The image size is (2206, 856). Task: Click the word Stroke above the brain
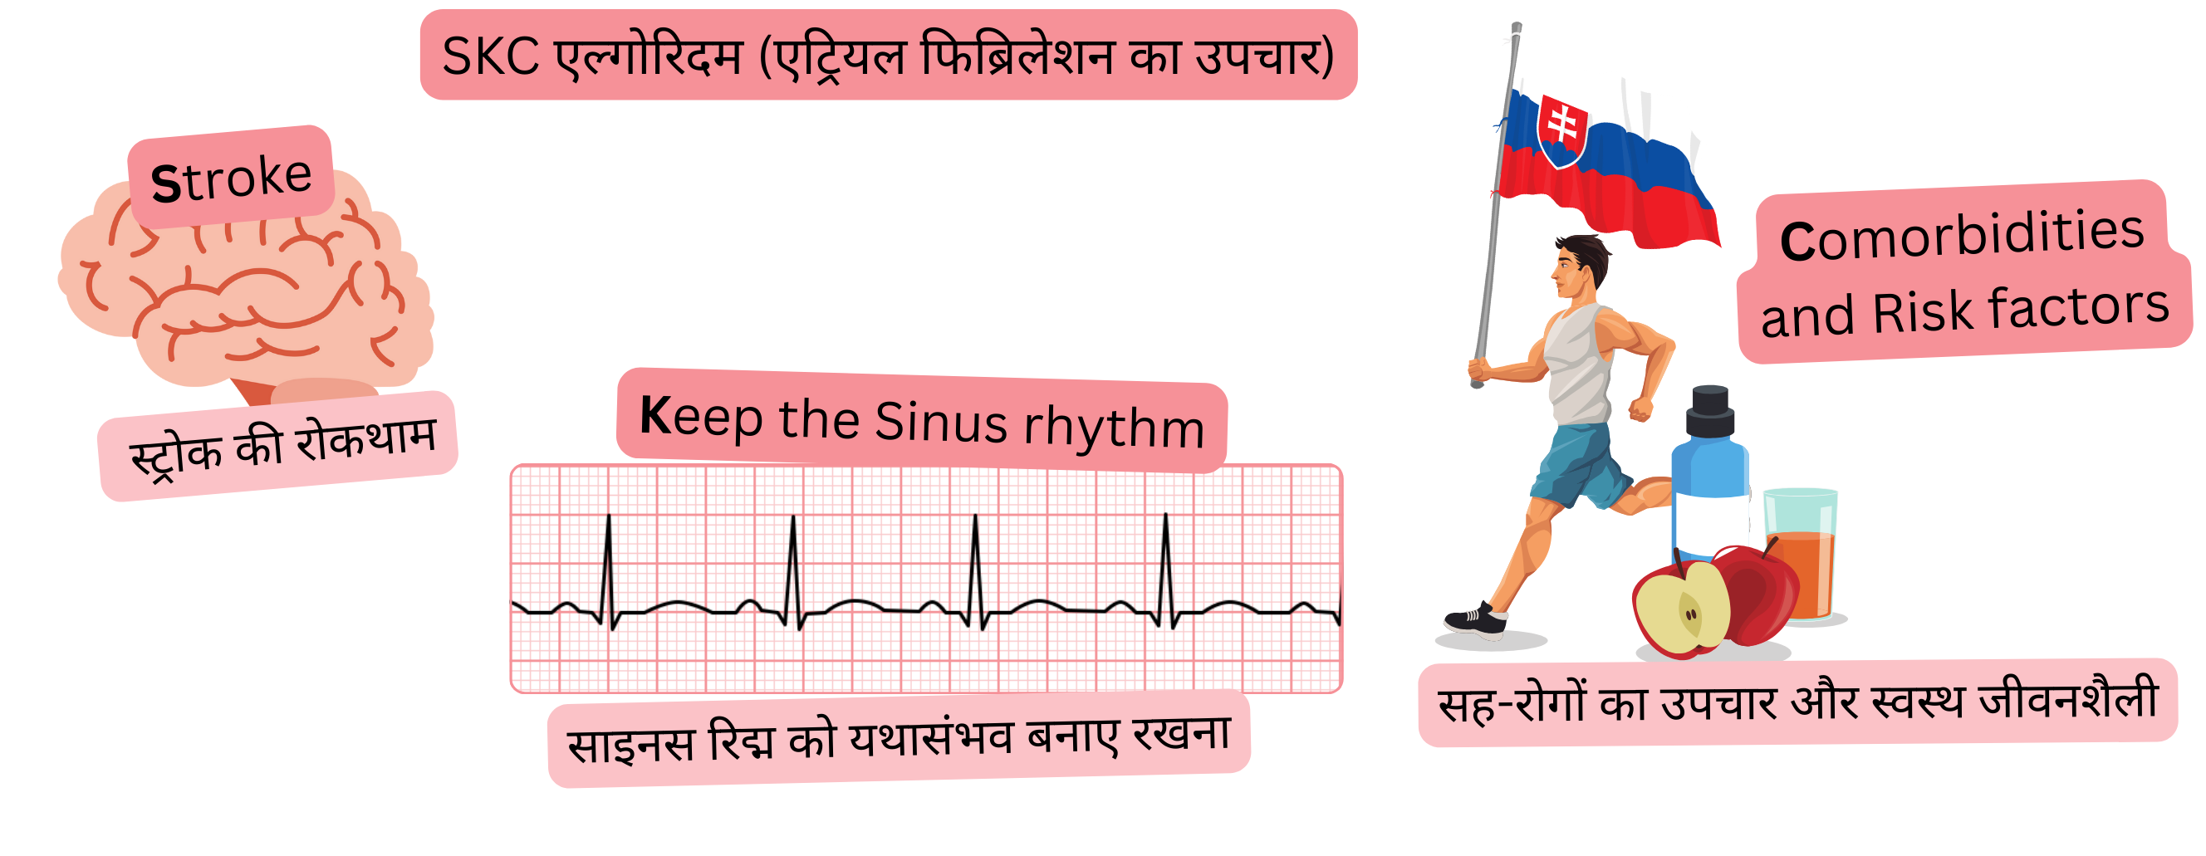coord(231,179)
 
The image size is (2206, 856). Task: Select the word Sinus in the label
coord(941,422)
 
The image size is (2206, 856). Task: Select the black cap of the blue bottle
coord(1710,412)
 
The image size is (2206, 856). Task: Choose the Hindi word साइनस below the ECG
coord(630,743)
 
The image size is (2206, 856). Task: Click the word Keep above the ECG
coord(700,416)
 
